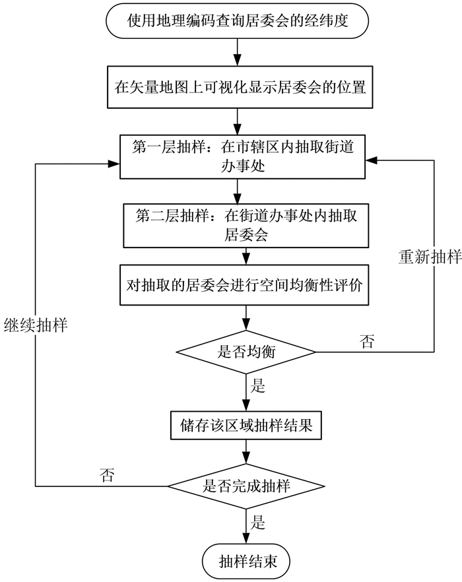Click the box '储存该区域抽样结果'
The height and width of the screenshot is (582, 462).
point(246,427)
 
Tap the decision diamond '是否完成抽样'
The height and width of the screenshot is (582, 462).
point(246,487)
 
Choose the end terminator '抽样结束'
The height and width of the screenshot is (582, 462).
point(246,562)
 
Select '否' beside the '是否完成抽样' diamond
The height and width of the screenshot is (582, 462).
point(106,475)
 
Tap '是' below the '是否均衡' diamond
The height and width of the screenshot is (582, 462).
point(258,386)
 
